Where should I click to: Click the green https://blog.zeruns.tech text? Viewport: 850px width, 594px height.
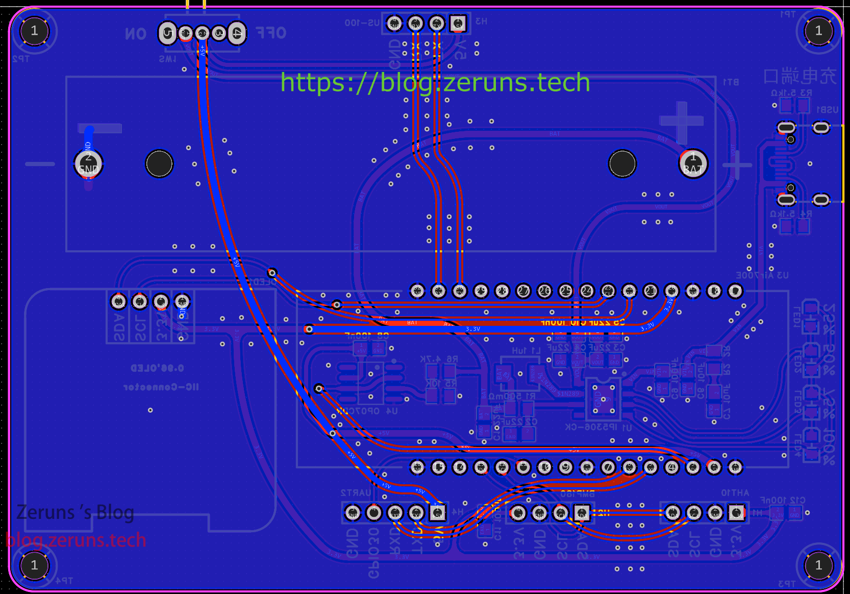[435, 82]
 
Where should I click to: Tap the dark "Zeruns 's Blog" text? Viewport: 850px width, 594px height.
[75, 512]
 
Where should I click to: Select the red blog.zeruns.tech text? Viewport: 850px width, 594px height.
[76, 540]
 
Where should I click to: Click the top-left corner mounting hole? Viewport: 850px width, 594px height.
[34, 31]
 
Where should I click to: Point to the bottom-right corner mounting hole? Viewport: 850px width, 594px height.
[818, 565]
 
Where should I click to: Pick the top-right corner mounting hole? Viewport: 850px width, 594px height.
[818, 31]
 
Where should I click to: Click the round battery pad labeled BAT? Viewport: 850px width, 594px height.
[693, 164]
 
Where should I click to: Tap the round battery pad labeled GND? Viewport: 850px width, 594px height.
[88, 164]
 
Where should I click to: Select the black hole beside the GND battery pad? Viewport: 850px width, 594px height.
[159, 164]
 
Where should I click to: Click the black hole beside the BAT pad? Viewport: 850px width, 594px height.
[622, 164]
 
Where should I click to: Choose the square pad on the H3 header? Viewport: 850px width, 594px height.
[458, 23]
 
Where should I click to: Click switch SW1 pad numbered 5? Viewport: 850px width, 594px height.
[167, 33]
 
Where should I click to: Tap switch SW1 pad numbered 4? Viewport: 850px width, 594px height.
[237, 33]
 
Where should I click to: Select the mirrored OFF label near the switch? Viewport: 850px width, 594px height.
[271, 33]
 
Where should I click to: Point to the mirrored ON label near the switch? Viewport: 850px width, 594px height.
[136, 34]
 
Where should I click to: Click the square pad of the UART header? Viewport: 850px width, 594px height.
[437, 512]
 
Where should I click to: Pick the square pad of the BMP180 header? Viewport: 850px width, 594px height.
[582, 512]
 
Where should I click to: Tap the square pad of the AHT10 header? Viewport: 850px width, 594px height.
[736, 512]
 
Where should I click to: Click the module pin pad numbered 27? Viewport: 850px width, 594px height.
[523, 291]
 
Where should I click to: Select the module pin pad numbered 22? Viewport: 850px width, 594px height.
[587, 291]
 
